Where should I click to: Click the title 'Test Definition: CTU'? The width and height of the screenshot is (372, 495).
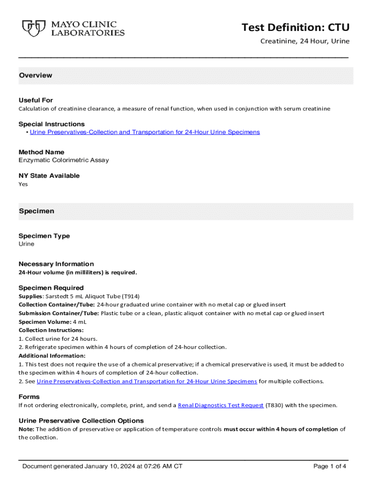pyautogui.click(x=295, y=28)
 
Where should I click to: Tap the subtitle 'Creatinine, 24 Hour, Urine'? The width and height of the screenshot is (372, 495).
pyautogui.click(x=305, y=41)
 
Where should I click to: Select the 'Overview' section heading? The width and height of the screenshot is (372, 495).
pyautogui.click(x=35, y=75)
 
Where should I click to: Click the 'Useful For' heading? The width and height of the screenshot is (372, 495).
pyautogui.click(x=36, y=100)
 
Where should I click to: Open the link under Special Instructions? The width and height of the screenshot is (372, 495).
pyautogui.click(x=144, y=132)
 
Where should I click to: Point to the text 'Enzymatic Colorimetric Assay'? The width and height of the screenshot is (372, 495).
pyautogui.click(x=64, y=160)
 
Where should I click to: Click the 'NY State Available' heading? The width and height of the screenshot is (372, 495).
pyautogui.click(x=49, y=175)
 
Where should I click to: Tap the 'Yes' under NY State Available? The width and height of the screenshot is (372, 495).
pyautogui.click(x=23, y=184)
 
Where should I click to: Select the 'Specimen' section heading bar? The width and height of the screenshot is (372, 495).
pyautogui.click(x=36, y=211)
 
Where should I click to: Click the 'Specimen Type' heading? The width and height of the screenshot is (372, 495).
pyautogui.click(x=44, y=236)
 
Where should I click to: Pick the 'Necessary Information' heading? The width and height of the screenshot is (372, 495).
pyautogui.click(x=56, y=264)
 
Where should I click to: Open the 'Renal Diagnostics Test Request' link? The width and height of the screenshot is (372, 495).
pyautogui.click(x=221, y=406)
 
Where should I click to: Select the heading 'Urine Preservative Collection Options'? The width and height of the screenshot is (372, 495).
pyautogui.click(x=81, y=421)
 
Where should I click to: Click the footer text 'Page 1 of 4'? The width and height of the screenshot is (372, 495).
pyautogui.click(x=329, y=466)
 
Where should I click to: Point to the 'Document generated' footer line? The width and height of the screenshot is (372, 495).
pyautogui.click(x=102, y=466)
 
